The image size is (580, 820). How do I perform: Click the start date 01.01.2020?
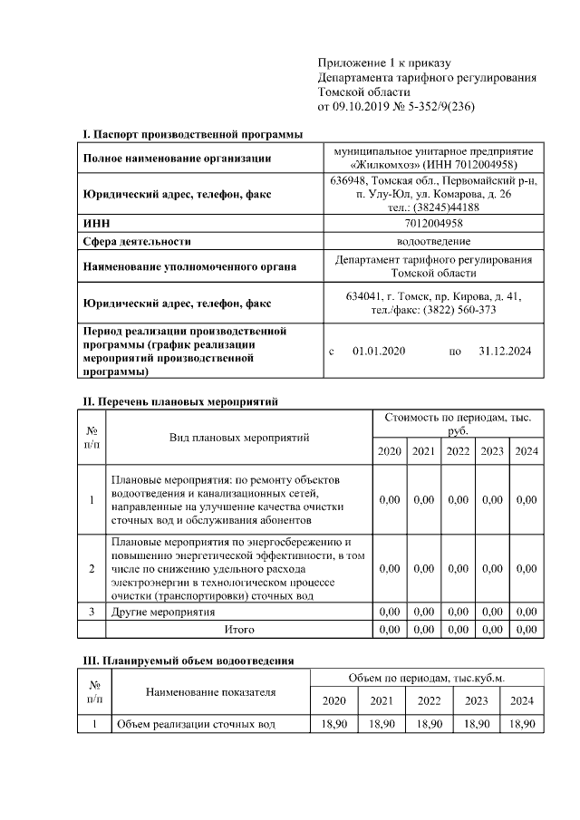point(379,351)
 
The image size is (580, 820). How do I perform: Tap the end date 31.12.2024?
point(505,351)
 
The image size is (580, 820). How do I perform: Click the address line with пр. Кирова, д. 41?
point(433,296)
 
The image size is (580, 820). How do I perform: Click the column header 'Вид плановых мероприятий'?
point(239,438)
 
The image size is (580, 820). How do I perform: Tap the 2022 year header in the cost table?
point(458,451)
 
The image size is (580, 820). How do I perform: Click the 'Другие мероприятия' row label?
point(163,613)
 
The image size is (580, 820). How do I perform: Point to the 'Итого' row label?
point(238,629)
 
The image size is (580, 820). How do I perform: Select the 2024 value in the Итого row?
point(526,629)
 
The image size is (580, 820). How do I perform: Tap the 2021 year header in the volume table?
point(381,700)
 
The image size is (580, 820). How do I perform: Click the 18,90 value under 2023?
point(476,724)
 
